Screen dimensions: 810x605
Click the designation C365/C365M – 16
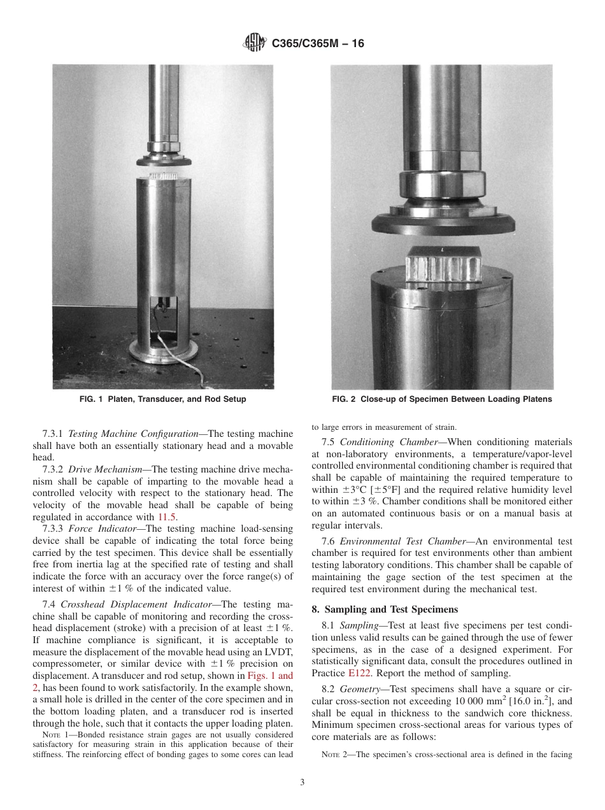318,44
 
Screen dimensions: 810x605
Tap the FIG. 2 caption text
441,399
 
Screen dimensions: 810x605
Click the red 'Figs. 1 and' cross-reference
270,676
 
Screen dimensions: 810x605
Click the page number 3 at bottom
302,782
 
